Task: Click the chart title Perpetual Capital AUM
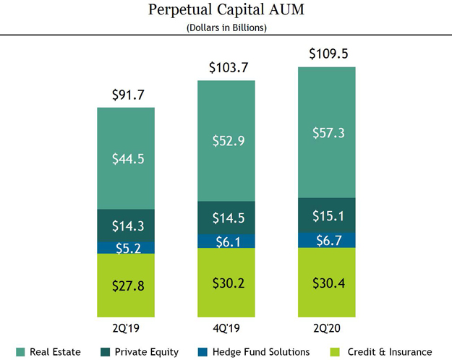[226, 10]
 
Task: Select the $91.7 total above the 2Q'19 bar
[126, 95]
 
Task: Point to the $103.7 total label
[226, 68]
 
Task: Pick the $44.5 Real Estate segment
[126, 158]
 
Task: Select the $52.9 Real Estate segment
[226, 140]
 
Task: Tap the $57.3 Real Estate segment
[327, 132]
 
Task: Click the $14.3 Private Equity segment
[126, 225]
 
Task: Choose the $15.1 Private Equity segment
[327, 215]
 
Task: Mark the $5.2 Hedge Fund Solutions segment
[126, 248]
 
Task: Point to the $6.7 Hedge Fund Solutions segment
[327, 240]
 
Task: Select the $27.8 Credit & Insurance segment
[126, 286]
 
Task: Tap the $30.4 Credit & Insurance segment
[327, 282]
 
